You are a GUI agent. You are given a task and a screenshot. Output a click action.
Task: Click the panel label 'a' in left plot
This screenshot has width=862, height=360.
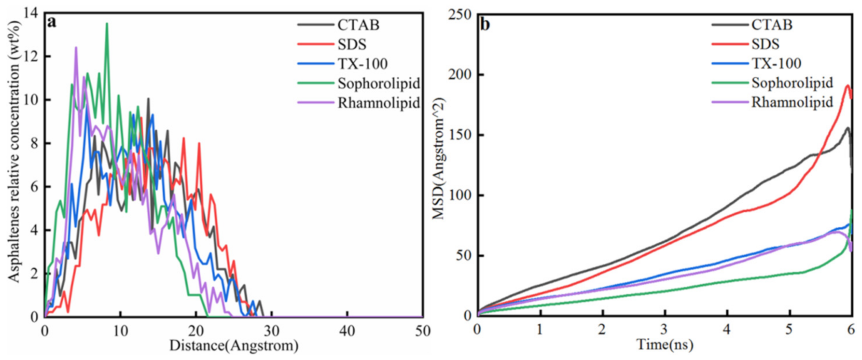pos(52,22)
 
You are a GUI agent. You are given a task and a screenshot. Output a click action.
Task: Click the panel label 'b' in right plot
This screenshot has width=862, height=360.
pos(485,24)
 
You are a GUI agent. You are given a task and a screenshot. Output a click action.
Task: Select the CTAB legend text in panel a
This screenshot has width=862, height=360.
pos(358,25)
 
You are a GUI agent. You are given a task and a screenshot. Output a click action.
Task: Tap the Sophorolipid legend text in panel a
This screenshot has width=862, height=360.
pos(378,83)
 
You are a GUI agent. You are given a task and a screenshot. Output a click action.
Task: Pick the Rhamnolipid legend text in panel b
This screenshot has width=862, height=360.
pos(792,102)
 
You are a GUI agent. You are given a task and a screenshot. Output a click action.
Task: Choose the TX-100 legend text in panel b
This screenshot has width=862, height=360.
pos(776,63)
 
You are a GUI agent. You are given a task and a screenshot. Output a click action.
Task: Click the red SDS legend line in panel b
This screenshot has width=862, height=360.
pos(730,44)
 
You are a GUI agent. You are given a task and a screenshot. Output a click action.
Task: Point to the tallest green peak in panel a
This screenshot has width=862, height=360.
pos(107,24)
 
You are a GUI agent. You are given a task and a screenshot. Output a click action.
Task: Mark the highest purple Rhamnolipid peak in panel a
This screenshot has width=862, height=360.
pos(76,48)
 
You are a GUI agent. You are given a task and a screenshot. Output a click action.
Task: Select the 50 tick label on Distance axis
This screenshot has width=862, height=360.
pos(422,331)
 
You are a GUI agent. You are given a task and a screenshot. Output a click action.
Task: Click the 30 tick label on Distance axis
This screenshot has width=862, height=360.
pos(271,331)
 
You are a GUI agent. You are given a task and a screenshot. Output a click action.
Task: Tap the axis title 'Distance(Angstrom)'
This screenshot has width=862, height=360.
pos(234,346)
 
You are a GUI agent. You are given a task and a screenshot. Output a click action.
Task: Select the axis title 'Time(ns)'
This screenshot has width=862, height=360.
pos(665,345)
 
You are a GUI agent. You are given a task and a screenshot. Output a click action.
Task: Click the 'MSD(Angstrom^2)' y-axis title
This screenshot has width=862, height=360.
pos(438,159)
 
